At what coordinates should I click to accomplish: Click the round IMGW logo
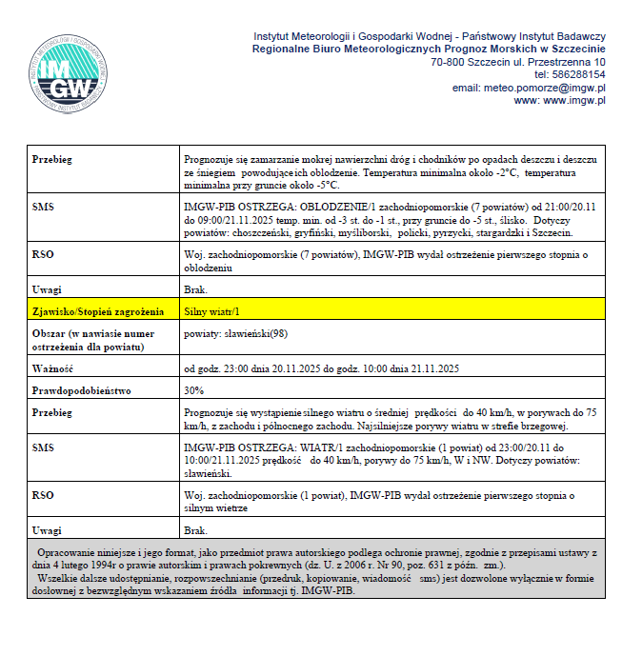(x=67, y=74)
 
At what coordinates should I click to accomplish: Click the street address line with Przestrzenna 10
(x=518, y=61)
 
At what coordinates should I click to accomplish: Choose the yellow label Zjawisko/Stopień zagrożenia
(x=90, y=311)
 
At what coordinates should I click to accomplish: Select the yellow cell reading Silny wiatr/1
(x=211, y=311)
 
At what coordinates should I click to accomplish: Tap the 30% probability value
(x=193, y=390)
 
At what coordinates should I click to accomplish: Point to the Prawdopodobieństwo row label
(x=80, y=390)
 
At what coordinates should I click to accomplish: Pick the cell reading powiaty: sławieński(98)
(x=235, y=333)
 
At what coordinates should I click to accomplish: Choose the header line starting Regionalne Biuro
(x=429, y=48)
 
